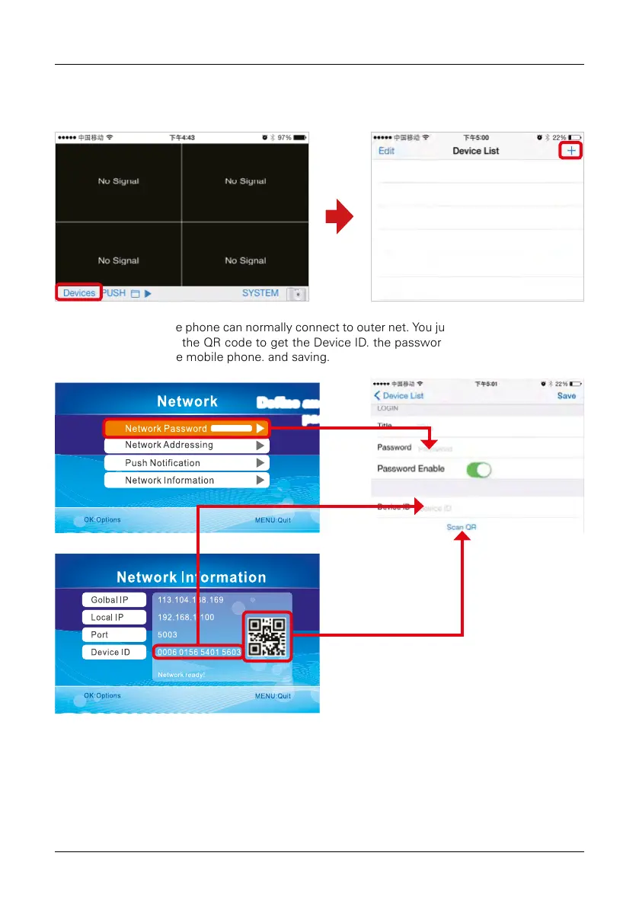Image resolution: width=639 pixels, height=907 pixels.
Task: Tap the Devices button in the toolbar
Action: click(x=79, y=293)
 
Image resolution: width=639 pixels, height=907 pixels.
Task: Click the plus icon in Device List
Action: click(x=571, y=151)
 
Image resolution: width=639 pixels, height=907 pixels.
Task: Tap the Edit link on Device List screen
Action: click(x=387, y=151)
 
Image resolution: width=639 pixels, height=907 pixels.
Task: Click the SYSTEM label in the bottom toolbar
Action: click(x=260, y=293)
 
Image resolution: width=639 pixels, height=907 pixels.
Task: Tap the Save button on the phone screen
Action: click(x=566, y=396)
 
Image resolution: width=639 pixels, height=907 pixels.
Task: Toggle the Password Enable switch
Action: click(x=479, y=469)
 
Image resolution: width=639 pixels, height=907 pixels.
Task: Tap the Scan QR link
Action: click(x=462, y=527)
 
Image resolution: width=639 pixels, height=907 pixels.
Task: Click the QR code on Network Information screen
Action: click(x=267, y=636)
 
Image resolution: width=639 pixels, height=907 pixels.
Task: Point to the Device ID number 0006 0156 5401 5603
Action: click(x=198, y=652)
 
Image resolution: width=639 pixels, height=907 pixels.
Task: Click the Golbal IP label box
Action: click(x=113, y=600)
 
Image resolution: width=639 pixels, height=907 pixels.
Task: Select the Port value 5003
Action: click(x=167, y=634)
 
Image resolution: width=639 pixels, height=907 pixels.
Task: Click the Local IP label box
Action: click(x=113, y=618)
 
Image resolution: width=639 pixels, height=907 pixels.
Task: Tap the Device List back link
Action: click(x=399, y=396)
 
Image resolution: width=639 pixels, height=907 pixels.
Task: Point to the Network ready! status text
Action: click(x=181, y=675)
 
